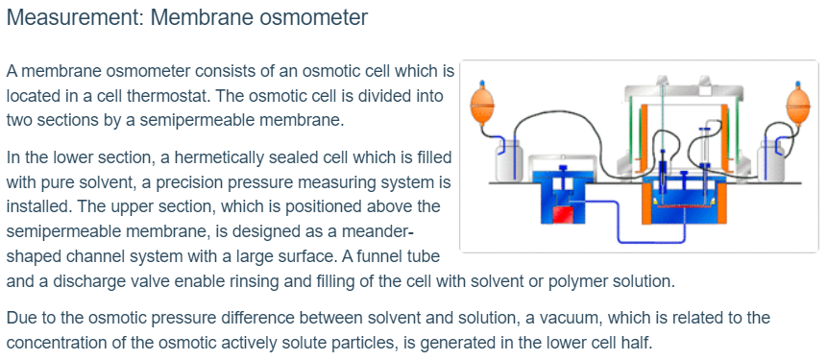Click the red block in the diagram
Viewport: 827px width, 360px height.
[x=562, y=215]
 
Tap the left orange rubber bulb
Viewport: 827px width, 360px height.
[x=480, y=107]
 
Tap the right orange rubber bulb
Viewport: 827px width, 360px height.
[x=797, y=107]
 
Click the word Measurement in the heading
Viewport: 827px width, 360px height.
[x=74, y=18]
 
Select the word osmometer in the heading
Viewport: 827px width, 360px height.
[x=313, y=18]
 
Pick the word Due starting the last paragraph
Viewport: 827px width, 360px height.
[x=19, y=318]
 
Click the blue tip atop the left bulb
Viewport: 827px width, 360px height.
[x=480, y=84]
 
